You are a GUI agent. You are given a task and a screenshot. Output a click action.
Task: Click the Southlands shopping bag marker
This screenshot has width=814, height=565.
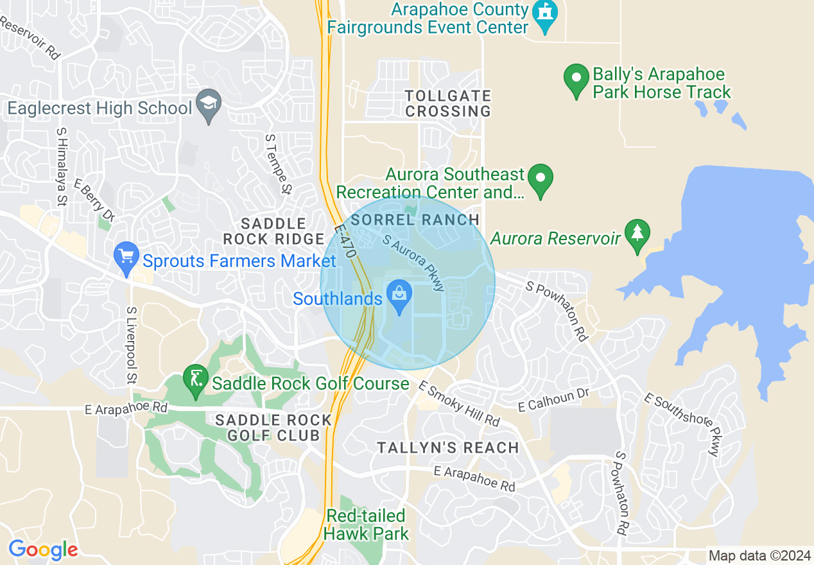click(400, 297)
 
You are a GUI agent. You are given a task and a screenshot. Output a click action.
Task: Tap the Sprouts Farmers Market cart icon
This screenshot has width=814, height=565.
click(126, 258)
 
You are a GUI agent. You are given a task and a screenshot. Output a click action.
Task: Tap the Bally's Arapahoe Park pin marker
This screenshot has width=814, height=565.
click(576, 80)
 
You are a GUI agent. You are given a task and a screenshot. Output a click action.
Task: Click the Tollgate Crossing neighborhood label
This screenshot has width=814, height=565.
click(448, 103)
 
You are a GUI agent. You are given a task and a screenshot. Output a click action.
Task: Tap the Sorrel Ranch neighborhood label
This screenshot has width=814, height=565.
click(415, 220)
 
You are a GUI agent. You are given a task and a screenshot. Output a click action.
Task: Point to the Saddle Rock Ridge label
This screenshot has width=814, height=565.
click(273, 232)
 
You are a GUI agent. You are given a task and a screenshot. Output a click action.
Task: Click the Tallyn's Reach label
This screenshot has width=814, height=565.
click(448, 448)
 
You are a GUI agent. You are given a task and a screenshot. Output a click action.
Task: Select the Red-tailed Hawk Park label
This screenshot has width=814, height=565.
click(366, 525)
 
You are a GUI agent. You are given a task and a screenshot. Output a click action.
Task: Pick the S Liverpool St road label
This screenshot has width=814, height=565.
click(132, 344)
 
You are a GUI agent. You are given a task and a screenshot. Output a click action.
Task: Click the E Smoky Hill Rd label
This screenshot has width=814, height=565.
click(459, 403)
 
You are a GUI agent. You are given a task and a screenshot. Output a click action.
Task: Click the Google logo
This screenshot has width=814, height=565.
click(43, 550)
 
